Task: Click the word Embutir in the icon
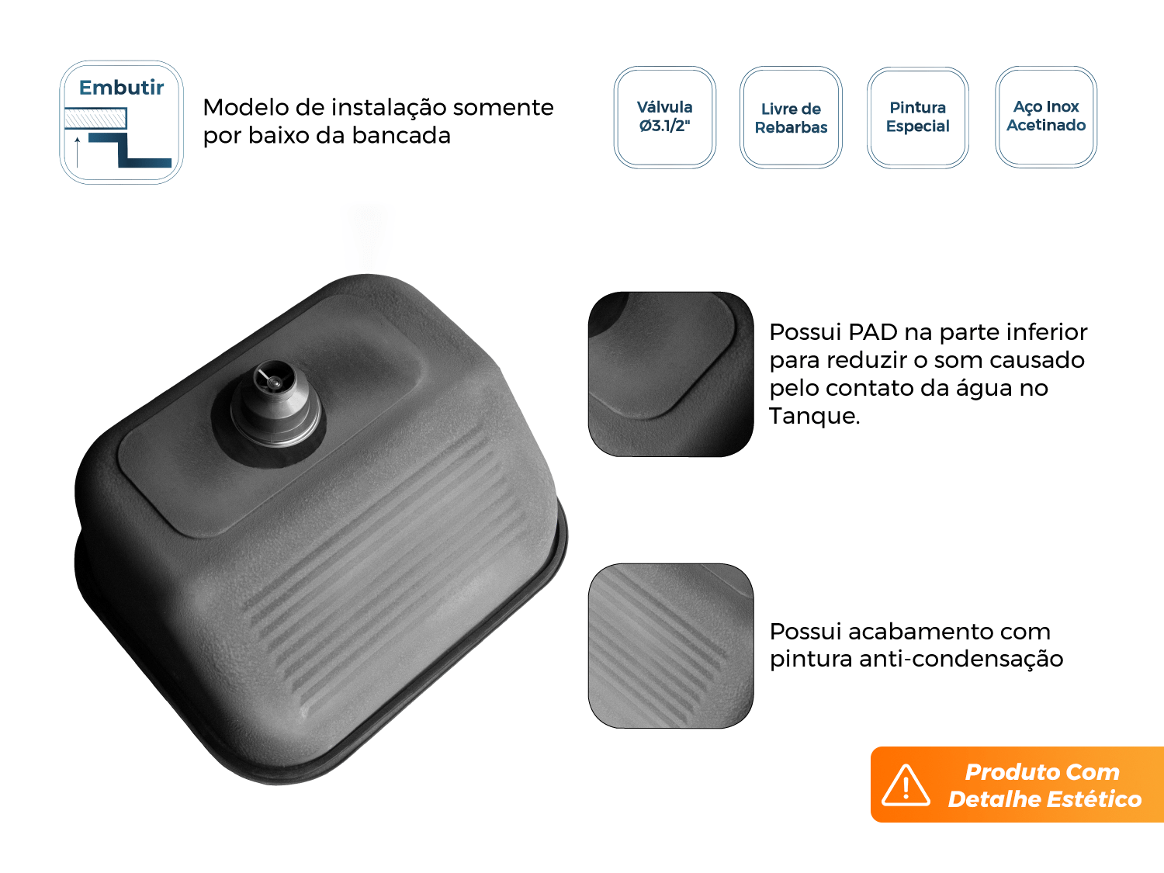(x=121, y=88)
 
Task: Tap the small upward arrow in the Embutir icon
(x=78, y=152)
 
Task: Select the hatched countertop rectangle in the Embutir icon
(x=95, y=118)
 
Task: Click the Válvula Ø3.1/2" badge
(x=664, y=117)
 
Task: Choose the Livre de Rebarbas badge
(x=791, y=118)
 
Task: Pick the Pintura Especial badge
(x=917, y=117)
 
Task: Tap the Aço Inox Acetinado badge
(x=1046, y=116)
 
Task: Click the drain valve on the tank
(x=276, y=403)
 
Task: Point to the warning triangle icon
(x=906, y=785)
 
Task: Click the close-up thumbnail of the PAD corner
(x=670, y=374)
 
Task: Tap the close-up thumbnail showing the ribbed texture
(x=670, y=646)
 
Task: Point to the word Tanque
(x=815, y=416)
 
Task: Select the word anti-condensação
(x=961, y=659)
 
